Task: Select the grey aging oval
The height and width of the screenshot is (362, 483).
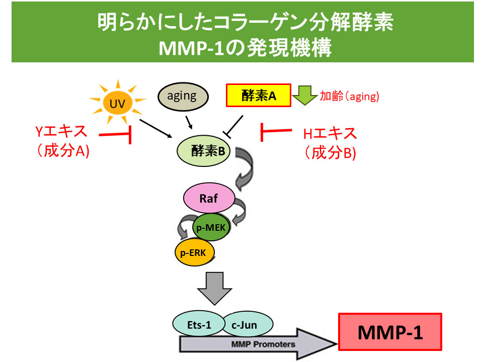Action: tap(182, 97)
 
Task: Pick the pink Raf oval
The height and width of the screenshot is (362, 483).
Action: tap(209, 198)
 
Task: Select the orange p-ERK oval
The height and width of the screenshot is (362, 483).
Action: tap(194, 250)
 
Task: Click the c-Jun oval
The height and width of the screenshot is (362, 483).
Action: tap(245, 325)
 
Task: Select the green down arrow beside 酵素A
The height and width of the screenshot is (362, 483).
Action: tap(304, 95)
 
